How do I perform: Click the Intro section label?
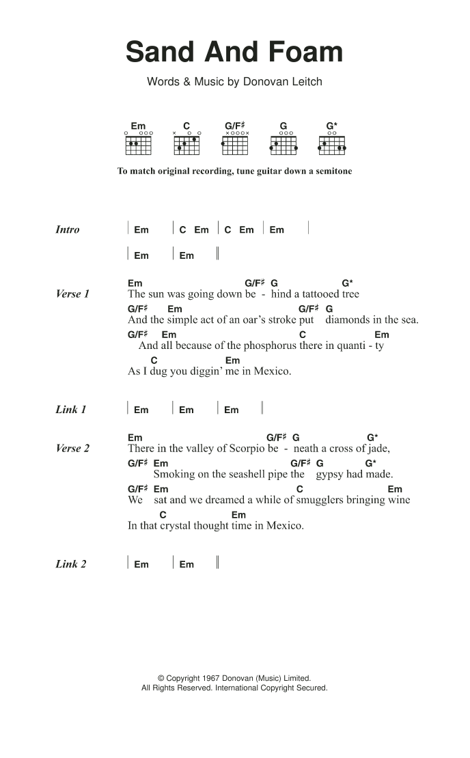coord(67,230)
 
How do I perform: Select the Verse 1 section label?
coord(72,294)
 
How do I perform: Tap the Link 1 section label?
coord(71,410)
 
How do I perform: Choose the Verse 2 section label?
coord(72,449)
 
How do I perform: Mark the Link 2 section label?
coord(71,564)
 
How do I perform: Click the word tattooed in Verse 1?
coord(315,294)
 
